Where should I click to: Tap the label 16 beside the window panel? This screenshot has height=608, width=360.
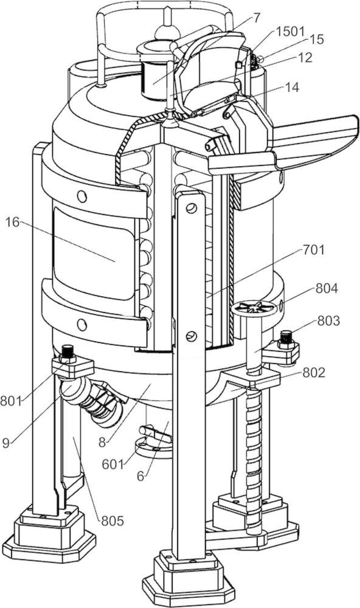13,224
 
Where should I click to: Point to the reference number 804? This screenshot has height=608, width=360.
327,288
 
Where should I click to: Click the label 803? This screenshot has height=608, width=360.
328,320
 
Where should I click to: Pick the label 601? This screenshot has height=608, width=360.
112,463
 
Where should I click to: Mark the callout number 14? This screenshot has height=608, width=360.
292,87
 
